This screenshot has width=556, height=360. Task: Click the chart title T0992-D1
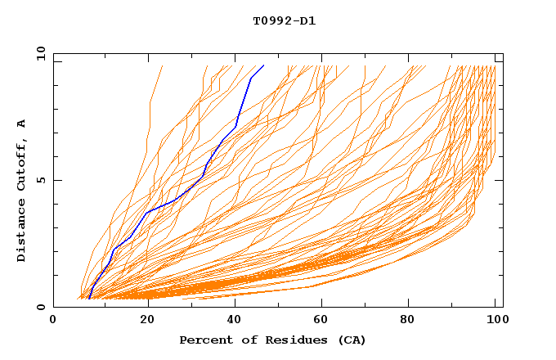tap(284, 20)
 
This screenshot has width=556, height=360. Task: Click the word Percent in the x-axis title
tap(205, 340)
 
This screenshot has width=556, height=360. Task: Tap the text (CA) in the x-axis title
tap(349, 340)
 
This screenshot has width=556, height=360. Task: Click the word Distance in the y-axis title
tap(21, 229)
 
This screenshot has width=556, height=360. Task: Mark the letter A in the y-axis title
tap(21, 123)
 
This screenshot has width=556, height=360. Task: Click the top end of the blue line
tap(264, 65)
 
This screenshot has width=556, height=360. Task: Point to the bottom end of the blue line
tap(88, 299)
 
